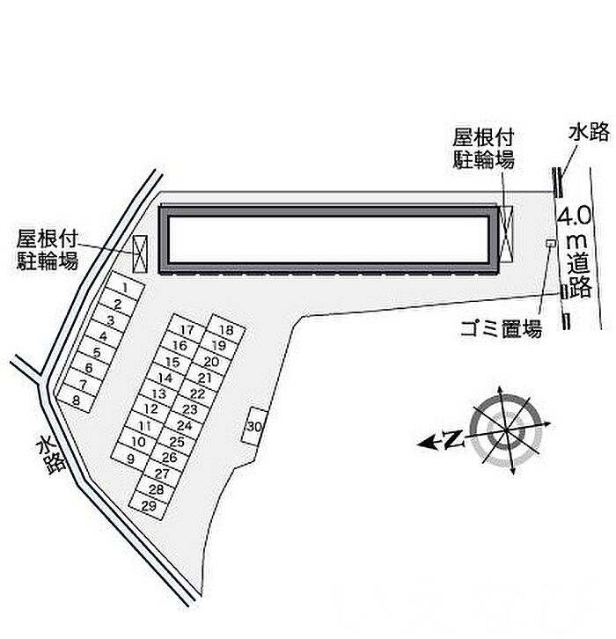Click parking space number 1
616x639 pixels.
point(125,289)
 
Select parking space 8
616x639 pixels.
point(77,400)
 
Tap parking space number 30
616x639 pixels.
point(253,426)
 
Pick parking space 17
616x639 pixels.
point(187,329)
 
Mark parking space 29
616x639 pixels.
point(149,505)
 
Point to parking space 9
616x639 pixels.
point(131,458)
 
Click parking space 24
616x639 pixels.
point(184,425)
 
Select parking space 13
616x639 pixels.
point(159,393)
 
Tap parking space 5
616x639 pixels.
point(97,352)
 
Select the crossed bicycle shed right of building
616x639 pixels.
point(506,234)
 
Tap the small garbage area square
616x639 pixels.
point(551,243)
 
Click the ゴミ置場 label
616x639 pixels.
point(501,328)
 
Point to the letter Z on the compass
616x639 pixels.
point(453,439)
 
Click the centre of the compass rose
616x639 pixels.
point(506,430)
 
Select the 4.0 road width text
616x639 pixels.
point(574,216)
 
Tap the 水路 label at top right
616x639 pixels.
point(590,133)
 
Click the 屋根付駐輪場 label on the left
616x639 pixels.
point(47,250)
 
